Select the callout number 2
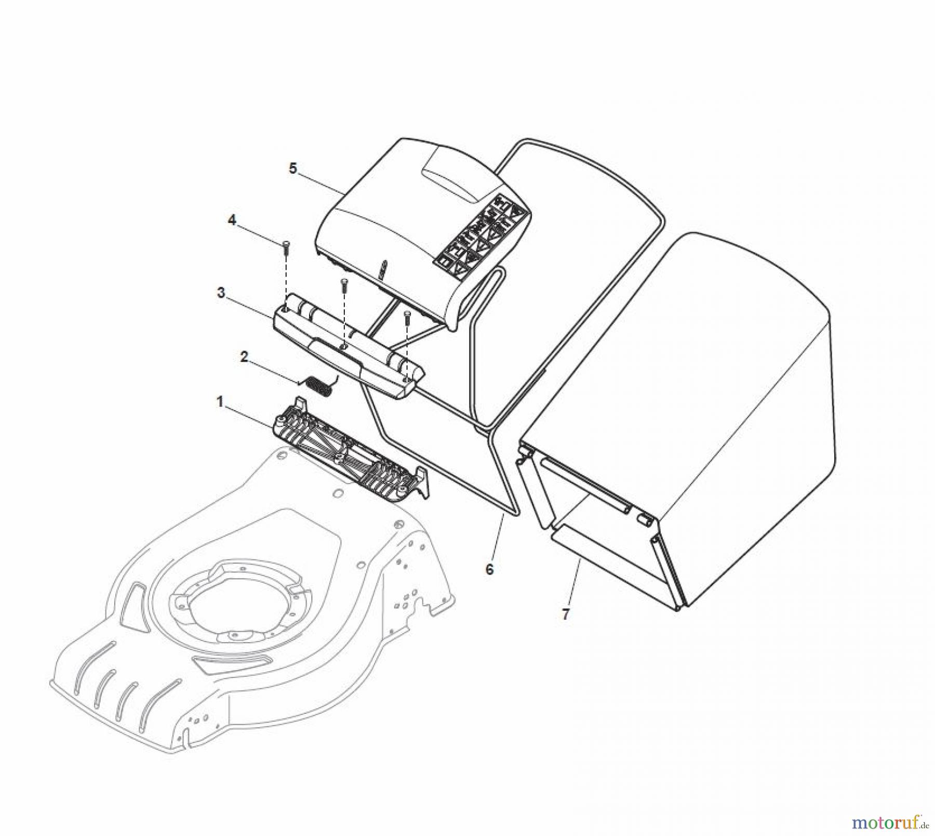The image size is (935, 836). [x=244, y=357]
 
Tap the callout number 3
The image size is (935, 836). [x=221, y=293]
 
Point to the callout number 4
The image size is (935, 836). [x=232, y=220]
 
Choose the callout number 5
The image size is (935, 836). [x=293, y=168]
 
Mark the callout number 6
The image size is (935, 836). [x=489, y=569]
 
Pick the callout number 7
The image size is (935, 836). [x=566, y=614]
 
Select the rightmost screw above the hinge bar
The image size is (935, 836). [x=407, y=317]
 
